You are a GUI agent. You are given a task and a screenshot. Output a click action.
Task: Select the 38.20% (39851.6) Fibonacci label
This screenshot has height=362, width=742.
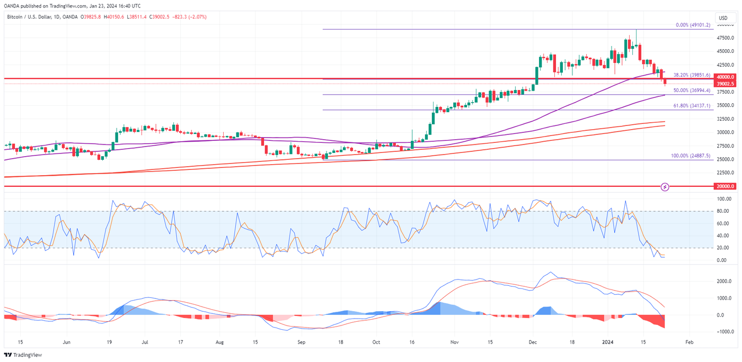pyautogui.click(x=691, y=75)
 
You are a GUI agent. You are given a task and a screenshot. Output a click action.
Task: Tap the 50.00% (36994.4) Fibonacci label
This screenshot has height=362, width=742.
pyautogui.click(x=691, y=91)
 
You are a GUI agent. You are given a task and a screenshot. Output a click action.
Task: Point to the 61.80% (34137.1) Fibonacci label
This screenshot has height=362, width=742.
pyautogui.click(x=691, y=106)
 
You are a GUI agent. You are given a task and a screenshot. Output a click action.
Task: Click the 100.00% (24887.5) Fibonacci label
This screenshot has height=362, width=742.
pyautogui.click(x=690, y=156)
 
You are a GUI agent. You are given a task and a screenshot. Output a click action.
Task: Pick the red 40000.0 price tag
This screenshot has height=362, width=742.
pyautogui.click(x=724, y=77)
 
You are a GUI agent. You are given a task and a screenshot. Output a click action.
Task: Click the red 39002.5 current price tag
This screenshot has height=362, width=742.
pyautogui.click(x=724, y=84)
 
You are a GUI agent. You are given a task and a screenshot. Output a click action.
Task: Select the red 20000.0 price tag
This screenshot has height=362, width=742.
pyautogui.click(x=724, y=186)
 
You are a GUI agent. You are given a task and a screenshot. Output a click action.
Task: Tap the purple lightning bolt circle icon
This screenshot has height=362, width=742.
pyautogui.click(x=666, y=187)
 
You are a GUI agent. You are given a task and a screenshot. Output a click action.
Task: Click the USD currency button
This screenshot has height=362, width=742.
pyautogui.click(x=723, y=19)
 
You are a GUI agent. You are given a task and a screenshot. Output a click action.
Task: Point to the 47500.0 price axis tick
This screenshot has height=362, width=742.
pyautogui.click(x=725, y=38)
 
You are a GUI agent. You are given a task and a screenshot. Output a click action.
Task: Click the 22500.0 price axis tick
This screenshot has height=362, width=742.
pyautogui.click(x=725, y=173)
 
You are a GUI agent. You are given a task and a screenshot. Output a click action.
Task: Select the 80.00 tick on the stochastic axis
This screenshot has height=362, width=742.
pyautogui.click(x=722, y=211)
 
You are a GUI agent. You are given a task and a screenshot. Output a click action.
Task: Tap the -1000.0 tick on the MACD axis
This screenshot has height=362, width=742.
pyautogui.click(x=723, y=332)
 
